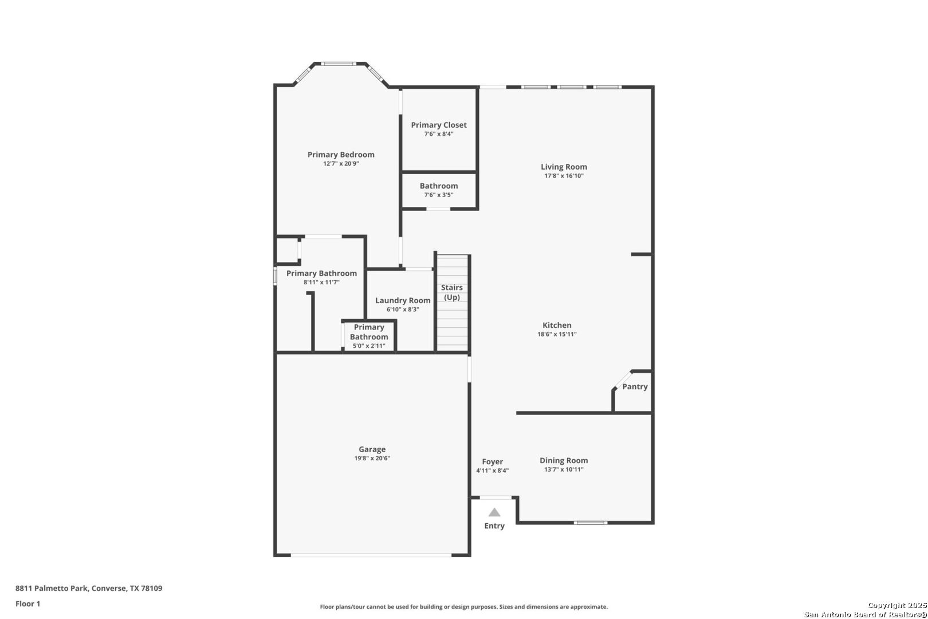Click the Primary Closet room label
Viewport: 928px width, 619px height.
coord(439,125)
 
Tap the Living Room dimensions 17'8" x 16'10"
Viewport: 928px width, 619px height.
coord(564,176)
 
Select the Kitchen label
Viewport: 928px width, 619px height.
coord(557,326)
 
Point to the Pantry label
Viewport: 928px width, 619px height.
coord(635,387)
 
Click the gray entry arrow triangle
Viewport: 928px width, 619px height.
coord(494,512)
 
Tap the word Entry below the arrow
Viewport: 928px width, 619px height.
coord(494,526)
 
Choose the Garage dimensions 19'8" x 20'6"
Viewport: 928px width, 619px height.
coord(372,458)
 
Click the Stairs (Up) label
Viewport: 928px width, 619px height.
coord(451,292)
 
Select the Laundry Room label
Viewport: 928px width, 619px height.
coord(403,300)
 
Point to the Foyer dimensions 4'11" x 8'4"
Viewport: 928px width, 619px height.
coord(492,471)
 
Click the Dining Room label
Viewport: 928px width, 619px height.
coord(564,460)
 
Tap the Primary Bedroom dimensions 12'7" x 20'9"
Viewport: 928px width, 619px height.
coord(341,164)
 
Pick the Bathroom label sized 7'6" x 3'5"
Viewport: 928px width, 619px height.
coord(439,186)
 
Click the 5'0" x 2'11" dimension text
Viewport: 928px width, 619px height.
coord(369,346)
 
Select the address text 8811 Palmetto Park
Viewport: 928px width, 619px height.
coord(52,588)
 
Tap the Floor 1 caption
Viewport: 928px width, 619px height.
coord(27,604)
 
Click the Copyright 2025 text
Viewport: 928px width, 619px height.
coord(897,606)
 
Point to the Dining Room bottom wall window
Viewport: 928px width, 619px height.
coord(591,523)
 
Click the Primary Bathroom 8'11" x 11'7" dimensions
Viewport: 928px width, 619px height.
coord(321,283)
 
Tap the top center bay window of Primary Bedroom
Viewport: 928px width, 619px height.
coord(339,64)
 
